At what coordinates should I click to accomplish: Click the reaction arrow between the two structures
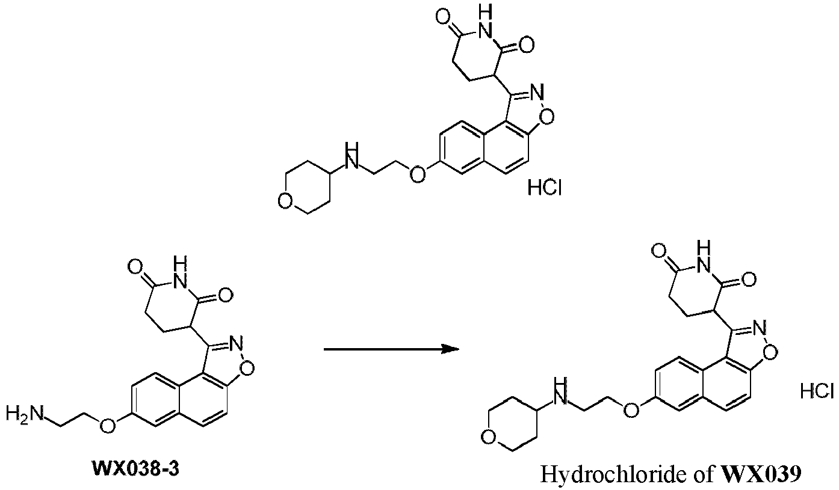[391, 349]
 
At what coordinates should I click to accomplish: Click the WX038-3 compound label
[136, 468]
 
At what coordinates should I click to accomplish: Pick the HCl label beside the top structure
[545, 187]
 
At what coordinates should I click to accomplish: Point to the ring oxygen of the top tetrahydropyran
[285, 201]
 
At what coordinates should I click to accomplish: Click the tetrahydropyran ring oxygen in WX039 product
[489, 436]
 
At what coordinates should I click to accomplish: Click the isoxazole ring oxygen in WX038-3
[247, 369]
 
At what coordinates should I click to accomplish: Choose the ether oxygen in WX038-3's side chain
[107, 425]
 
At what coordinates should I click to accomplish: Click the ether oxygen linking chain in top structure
[417, 174]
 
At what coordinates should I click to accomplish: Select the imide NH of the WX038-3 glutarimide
[181, 274]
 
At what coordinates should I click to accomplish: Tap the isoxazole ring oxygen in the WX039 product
[770, 352]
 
